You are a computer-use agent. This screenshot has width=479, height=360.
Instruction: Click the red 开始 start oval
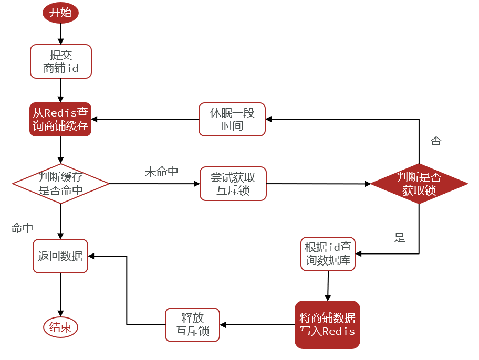(60, 13)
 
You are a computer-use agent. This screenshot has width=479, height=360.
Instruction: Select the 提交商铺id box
(61, 61)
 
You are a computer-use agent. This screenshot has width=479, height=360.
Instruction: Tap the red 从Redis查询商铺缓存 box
(60, 119)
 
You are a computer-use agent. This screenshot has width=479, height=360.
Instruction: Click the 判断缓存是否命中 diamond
(61, 184)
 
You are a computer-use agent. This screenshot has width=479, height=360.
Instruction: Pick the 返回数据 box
(60, 256)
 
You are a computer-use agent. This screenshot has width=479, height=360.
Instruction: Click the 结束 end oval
(60, 327)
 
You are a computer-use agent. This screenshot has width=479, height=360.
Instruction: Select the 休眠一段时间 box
(232, 119)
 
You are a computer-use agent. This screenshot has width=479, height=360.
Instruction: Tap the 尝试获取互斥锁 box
(233, 184)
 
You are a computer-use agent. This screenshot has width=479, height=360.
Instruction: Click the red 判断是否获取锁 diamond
(419, 184)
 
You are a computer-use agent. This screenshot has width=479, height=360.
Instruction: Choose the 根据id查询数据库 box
(328, 254)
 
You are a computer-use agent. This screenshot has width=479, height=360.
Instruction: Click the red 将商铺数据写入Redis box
(327, 324)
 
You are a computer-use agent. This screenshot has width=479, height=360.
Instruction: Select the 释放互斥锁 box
(193, 324)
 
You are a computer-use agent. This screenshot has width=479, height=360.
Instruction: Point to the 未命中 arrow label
(162, 172)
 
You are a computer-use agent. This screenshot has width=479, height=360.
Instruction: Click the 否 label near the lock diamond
(436, 141)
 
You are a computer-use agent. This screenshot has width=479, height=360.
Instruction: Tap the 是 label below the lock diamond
(400, 238)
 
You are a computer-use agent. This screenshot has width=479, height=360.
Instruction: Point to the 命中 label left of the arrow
(23, 228)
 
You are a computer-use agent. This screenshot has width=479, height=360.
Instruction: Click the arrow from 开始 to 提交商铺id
(61, 34)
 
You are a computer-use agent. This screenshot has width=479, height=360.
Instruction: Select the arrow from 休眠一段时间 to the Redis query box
(145, 119)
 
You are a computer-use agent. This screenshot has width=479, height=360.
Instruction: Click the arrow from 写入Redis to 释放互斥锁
(257, 324)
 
